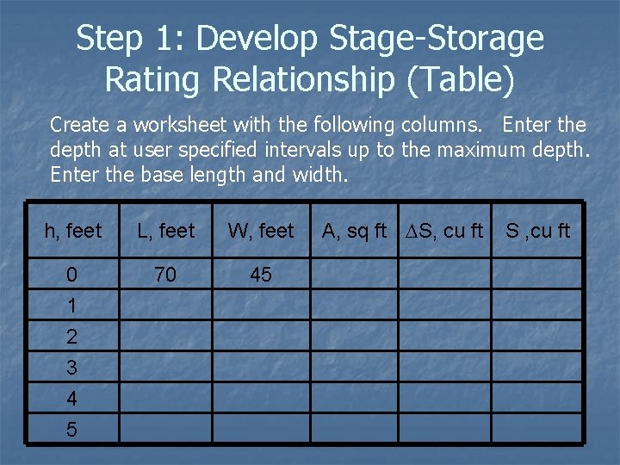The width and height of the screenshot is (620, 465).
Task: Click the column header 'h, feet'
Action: coord(72,231)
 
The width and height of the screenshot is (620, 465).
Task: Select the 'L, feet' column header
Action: coord(165,231)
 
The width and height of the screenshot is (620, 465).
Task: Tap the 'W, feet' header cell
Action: coord(261,231)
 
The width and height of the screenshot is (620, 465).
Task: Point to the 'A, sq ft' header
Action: coord(354,231)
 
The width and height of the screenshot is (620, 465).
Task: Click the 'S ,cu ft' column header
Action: coord(537,231)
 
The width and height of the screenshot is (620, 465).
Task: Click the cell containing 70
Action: coord(164,274)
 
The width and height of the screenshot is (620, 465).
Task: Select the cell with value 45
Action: coord(260,274)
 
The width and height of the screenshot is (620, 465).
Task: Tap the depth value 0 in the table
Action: coord(71,275)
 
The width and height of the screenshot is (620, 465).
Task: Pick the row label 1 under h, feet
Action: coord(71,306)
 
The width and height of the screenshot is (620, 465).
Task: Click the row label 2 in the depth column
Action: coord(71,337)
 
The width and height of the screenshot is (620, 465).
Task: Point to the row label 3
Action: coord(71,368)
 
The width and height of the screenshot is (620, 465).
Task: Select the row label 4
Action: coord(71,399)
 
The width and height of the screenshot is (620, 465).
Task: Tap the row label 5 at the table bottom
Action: coord(71,430)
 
